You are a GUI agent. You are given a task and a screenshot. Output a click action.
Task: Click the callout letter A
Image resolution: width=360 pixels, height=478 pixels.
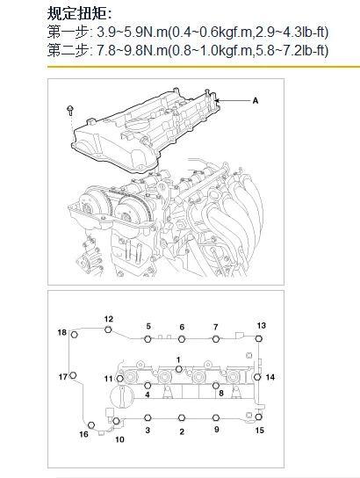pyautogui.click(x=255, y=101)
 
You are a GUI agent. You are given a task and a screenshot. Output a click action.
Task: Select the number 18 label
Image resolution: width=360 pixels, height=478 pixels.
pyautogui.click(x=61, y=332)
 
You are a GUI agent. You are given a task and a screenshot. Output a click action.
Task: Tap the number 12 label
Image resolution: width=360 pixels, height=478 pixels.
pyautogui.click(x=109, y=319)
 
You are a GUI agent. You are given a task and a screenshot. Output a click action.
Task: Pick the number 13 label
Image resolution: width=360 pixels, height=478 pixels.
pyautogui.click(x=261, y=325)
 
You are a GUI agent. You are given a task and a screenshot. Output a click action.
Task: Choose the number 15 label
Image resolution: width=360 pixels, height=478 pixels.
pyautogui.click(x=259, y=431)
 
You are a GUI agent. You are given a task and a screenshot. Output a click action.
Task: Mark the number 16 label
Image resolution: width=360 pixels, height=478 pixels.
pyautogui.click(x=84, y=434)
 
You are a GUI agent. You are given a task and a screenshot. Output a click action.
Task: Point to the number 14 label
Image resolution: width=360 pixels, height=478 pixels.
pyautogui.click(x=270, y=377)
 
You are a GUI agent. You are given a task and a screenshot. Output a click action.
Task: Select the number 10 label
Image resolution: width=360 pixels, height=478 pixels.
pyautogui.click(x=119, y=438)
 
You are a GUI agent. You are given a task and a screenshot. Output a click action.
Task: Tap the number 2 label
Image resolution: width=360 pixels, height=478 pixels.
pyautogui.click(x=182, y=431)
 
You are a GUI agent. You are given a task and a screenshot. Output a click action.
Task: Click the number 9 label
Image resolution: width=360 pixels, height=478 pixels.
pyautogui.click(x=216, y=430)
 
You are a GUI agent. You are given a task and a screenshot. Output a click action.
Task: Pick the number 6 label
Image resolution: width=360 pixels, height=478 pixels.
pyautogui.click(x=182, y=327)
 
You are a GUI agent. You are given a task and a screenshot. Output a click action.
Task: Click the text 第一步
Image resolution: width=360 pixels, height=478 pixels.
pyautogui.click(x=67, y=33)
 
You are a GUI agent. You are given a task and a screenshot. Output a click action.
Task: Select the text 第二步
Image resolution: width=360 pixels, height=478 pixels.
pyautogui.click(x=67, y=49)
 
